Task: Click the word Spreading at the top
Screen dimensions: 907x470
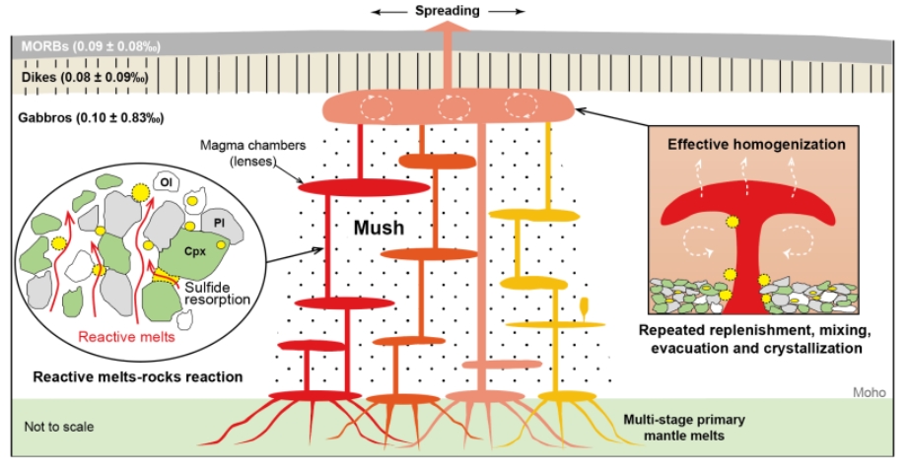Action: coord(448,11)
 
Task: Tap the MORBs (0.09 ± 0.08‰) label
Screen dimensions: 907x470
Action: coord(91,46)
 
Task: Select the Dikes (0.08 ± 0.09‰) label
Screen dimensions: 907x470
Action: coord(85,77)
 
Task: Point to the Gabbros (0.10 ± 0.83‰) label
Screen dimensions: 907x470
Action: coord(91,118)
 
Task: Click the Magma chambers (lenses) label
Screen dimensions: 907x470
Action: coord(252,153)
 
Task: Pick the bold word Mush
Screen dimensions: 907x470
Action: coord(379,228)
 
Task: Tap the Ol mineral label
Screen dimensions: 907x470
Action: coord(166,183)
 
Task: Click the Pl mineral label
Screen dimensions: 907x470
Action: coord(219,223)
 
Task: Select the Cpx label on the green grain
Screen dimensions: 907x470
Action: coord(195,251)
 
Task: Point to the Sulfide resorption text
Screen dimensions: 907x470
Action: coord(217,293)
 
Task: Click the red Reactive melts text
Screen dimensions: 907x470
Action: coord(126,336)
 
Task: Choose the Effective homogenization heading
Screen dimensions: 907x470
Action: coord(756,144)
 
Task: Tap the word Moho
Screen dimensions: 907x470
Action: coord(870,392)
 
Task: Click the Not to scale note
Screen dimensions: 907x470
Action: coord(59,427)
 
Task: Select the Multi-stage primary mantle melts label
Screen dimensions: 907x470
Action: coord(684,428)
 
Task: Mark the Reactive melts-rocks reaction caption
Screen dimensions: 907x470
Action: coord(138,377)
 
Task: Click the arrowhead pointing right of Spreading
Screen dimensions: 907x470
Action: coord(520,11)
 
